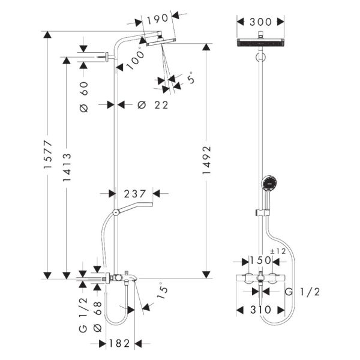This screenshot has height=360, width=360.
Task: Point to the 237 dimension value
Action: click(x=136, y=193)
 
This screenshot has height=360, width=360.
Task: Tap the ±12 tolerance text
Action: click(x=278, y=251)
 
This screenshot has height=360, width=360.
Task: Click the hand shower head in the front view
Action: click(x=270, y=183)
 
